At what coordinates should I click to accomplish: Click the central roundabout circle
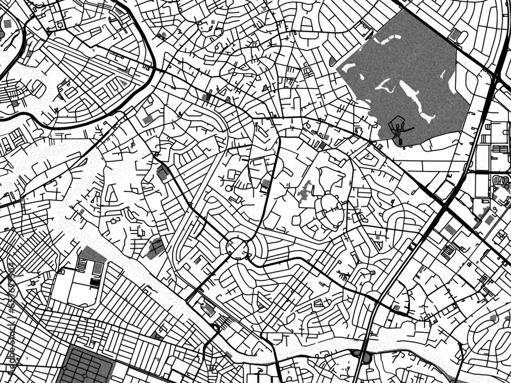click(237, 249)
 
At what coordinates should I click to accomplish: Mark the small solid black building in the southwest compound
click(95, 281)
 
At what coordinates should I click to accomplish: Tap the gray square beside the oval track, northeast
click(455, 34)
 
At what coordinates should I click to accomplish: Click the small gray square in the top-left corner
click(7, 23)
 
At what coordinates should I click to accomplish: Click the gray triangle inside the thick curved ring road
click(123, 82)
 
